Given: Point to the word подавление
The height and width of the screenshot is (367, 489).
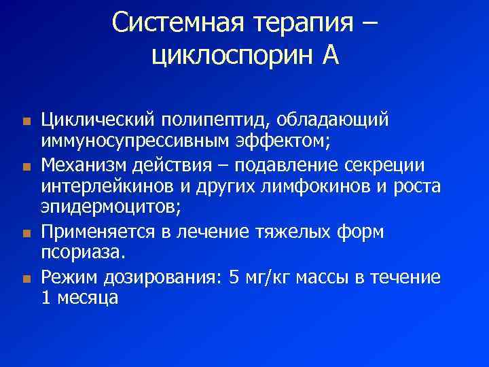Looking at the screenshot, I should tap(314, 164).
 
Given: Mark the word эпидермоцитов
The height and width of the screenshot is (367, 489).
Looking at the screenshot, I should tap(109, 208).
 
